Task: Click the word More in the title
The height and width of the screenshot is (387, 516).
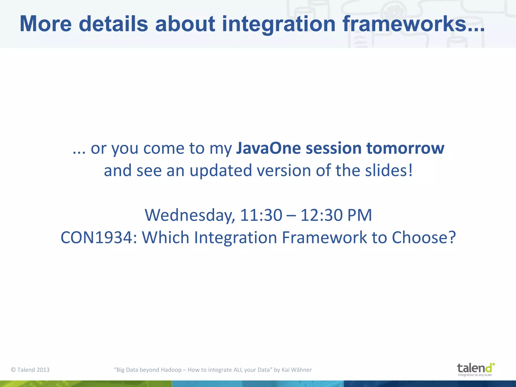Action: click(46, 24)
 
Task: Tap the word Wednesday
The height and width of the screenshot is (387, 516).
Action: click(189, 215)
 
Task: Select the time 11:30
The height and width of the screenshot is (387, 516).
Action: click(261, 215)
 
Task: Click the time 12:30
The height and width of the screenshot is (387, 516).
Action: click(321, 215)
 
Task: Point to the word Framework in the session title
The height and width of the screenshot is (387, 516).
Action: click(324, 238)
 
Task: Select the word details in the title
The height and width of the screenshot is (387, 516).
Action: click(113, 24)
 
